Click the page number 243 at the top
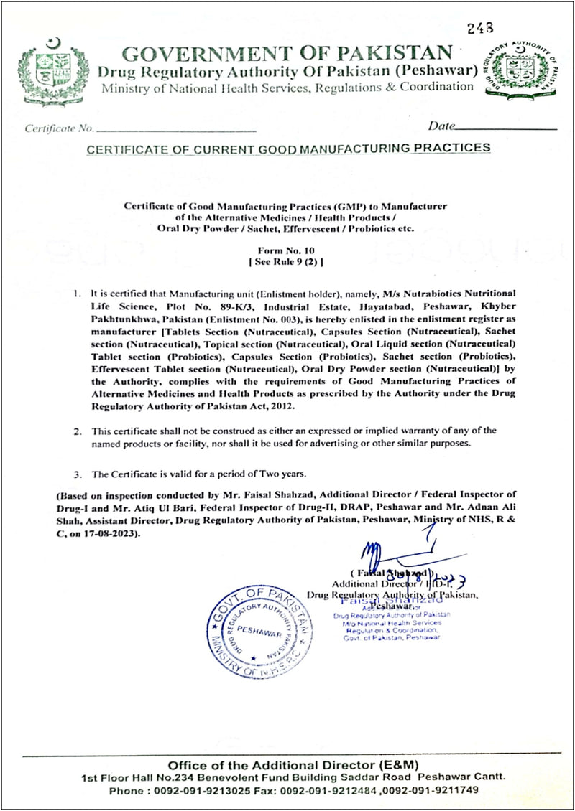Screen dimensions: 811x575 [480, 28]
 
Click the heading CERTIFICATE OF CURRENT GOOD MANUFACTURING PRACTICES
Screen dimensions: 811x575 [288, 148]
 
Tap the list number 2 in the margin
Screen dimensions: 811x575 [78, 431]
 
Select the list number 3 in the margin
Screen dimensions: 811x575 [78, 475]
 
